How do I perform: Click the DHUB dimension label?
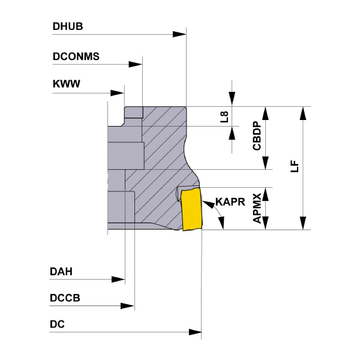[x=67, y=27]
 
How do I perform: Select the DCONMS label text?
[x=76, y=57]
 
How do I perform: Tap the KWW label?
[x=66, y=85]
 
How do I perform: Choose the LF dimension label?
[x=293, y=166]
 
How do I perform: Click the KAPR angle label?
[x=230, y=202]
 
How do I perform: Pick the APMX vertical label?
[x=256, y=208]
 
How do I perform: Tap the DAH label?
[x=61, y=271]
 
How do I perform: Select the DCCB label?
[x=65, y=298]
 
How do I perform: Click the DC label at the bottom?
[x=58, y=325]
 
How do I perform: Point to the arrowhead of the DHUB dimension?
[x=179, y=34]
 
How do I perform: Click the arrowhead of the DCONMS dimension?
[x=136, y=64]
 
